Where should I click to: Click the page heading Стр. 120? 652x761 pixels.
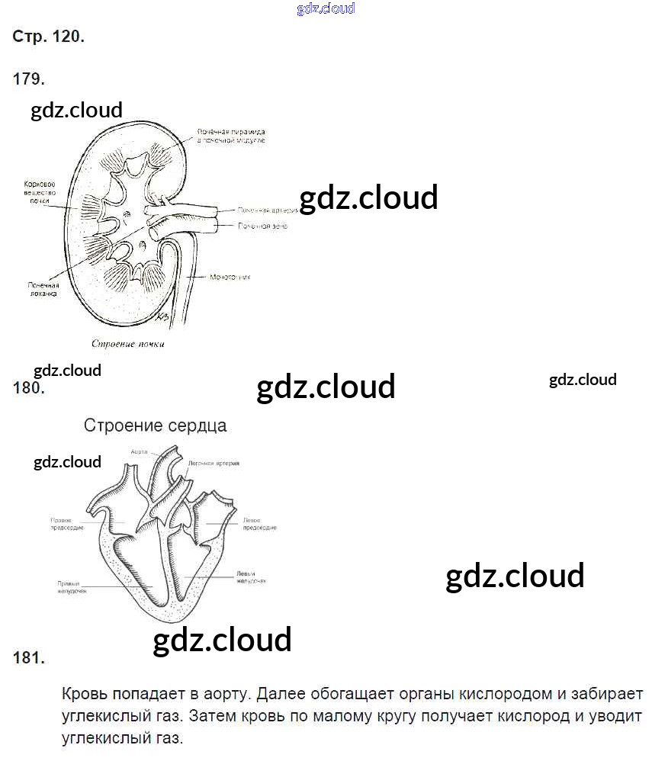click(x=48, y=37)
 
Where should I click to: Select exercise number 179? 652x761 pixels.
click(x=29, y=79)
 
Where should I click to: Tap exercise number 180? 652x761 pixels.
click(x=29, y=388)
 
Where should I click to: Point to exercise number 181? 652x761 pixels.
click(x=29, y=657)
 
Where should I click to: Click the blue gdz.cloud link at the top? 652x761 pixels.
click(x=325, y=9)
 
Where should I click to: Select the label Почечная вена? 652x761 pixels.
click(x=262, y=226)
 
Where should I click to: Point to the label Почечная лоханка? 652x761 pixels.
click(x=43, y=289)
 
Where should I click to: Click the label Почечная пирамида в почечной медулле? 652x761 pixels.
click(x=230, y=136)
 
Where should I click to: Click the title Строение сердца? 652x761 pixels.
click(x=155, y=425)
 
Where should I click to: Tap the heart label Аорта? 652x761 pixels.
click(x=138, y=451)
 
